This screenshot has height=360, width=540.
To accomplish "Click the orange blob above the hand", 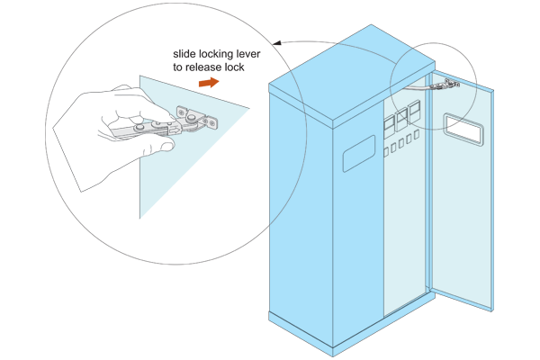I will pyautogui.click(x=210, y=83).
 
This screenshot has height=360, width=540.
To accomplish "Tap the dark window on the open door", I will pyautogui.click(x=463, y=129).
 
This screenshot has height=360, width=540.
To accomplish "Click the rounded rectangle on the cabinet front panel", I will pyautogui.click(x=358, y=153).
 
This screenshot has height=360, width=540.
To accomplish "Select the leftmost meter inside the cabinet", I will pyautogui.click(x=389, y=127).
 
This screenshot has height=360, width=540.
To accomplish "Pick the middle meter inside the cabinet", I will pyautogui.click(x=401, y=120).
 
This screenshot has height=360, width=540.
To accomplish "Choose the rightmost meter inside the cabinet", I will pyautogui.click(x=414, y=112).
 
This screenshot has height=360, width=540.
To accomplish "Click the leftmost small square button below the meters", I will pyautogui.click(x=386, y=152).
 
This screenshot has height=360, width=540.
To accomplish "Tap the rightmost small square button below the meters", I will pyautogui.click(x=417, y=134).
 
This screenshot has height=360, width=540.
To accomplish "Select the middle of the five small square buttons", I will pyautogui.click(x=401, y=143).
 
